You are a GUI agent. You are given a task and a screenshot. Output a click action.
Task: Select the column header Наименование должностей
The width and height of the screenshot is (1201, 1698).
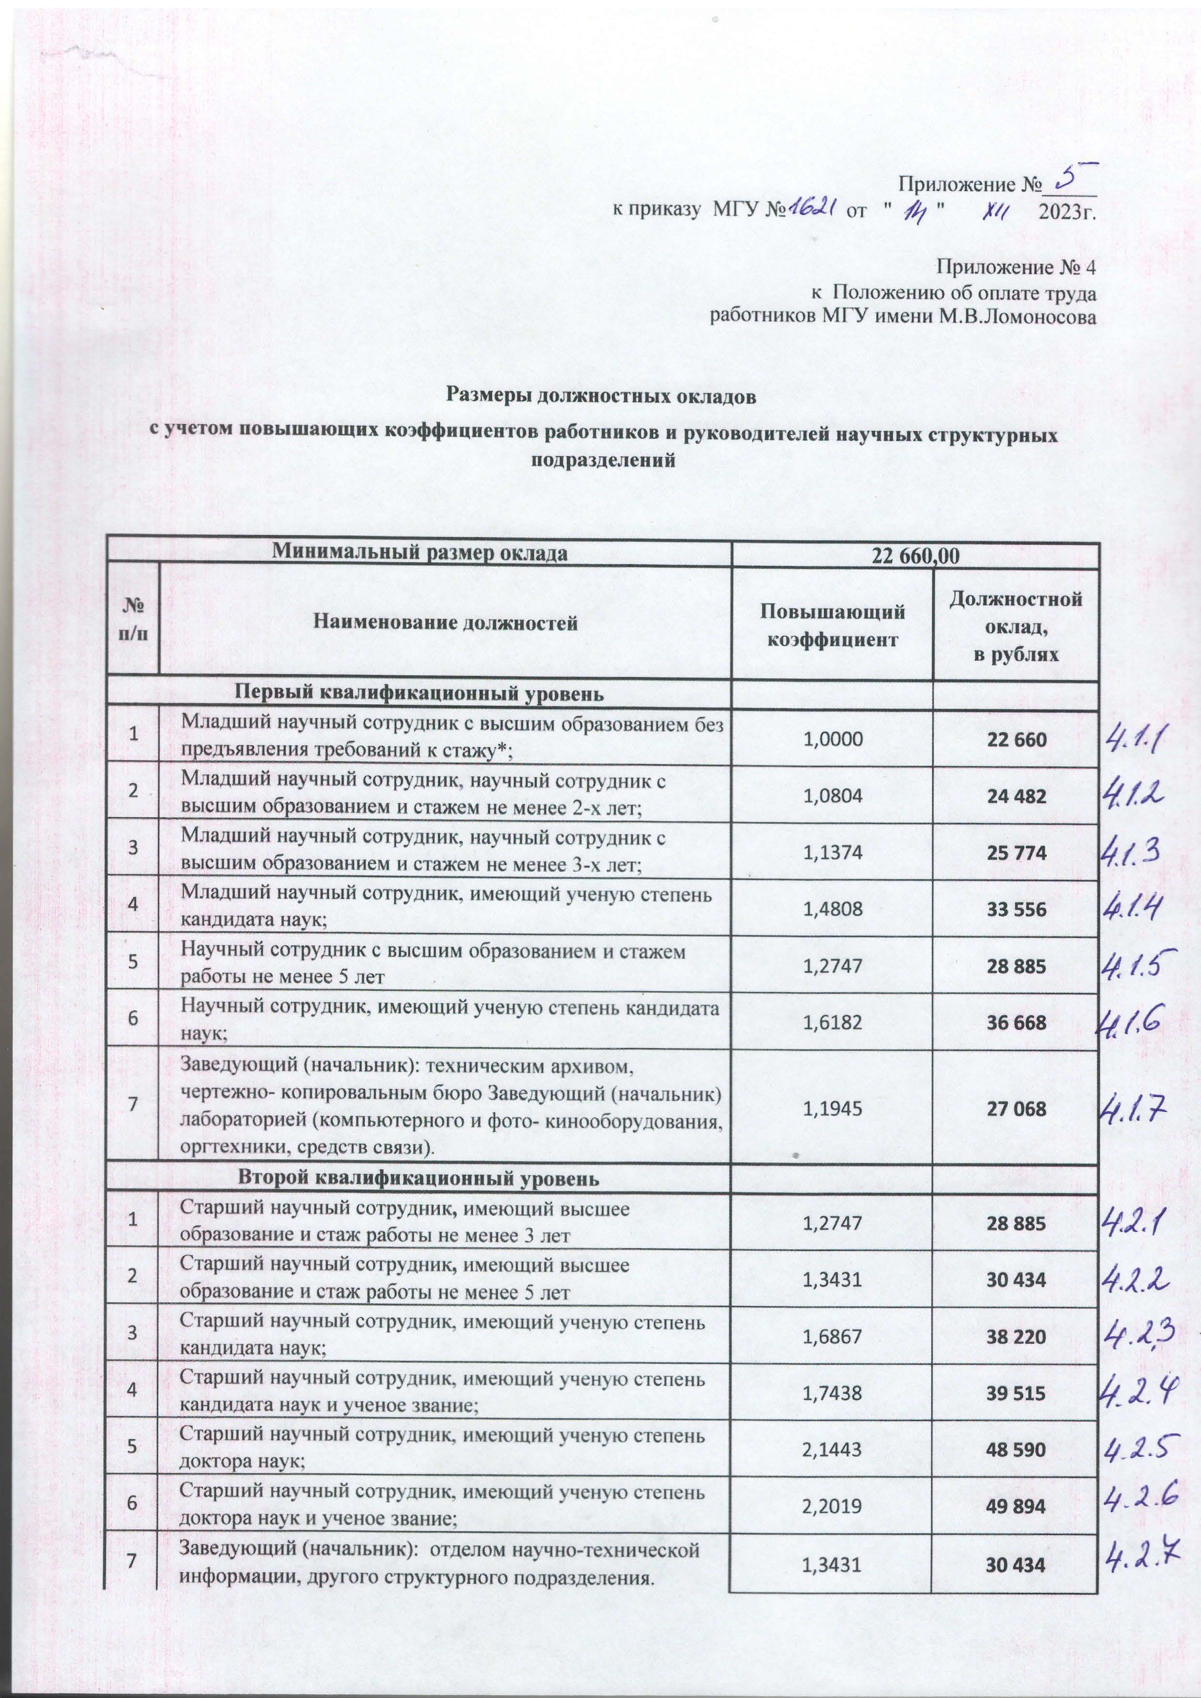(x=445, y=623)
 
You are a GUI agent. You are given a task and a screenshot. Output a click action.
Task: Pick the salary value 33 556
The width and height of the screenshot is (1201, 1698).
(x=1016, y=909)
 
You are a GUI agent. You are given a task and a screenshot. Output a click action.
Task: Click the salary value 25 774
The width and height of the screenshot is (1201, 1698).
(x=1016, y=853)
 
